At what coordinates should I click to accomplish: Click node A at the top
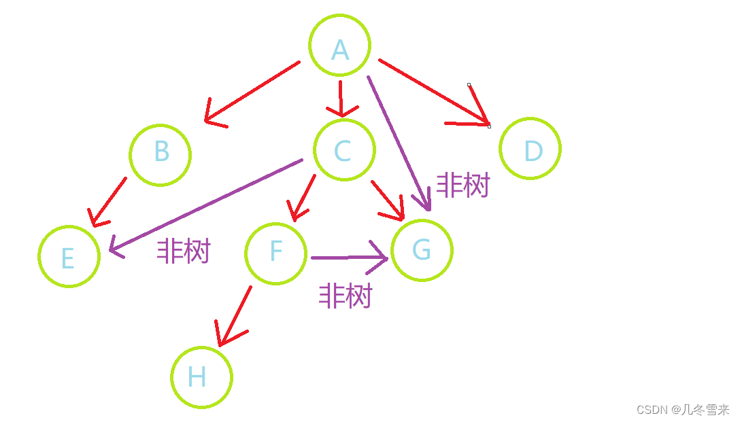click(x=339, y=46)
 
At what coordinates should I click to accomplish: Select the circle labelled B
click(x=161, y=154)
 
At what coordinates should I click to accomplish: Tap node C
click(x=344, y=150)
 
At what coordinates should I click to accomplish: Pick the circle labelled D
click(x=530, y=149)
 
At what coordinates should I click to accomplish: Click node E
click(x=69, y=256)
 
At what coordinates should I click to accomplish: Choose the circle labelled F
click(x=275, y=253)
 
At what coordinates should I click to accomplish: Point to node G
click(x=422, y=250)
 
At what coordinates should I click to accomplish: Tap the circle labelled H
click(x=201, y=377)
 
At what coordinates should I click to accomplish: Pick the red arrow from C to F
click(x=303, y=198)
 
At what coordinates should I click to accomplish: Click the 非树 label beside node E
click(x=184, y=251)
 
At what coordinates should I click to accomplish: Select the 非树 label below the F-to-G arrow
click(x=346, y=296)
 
